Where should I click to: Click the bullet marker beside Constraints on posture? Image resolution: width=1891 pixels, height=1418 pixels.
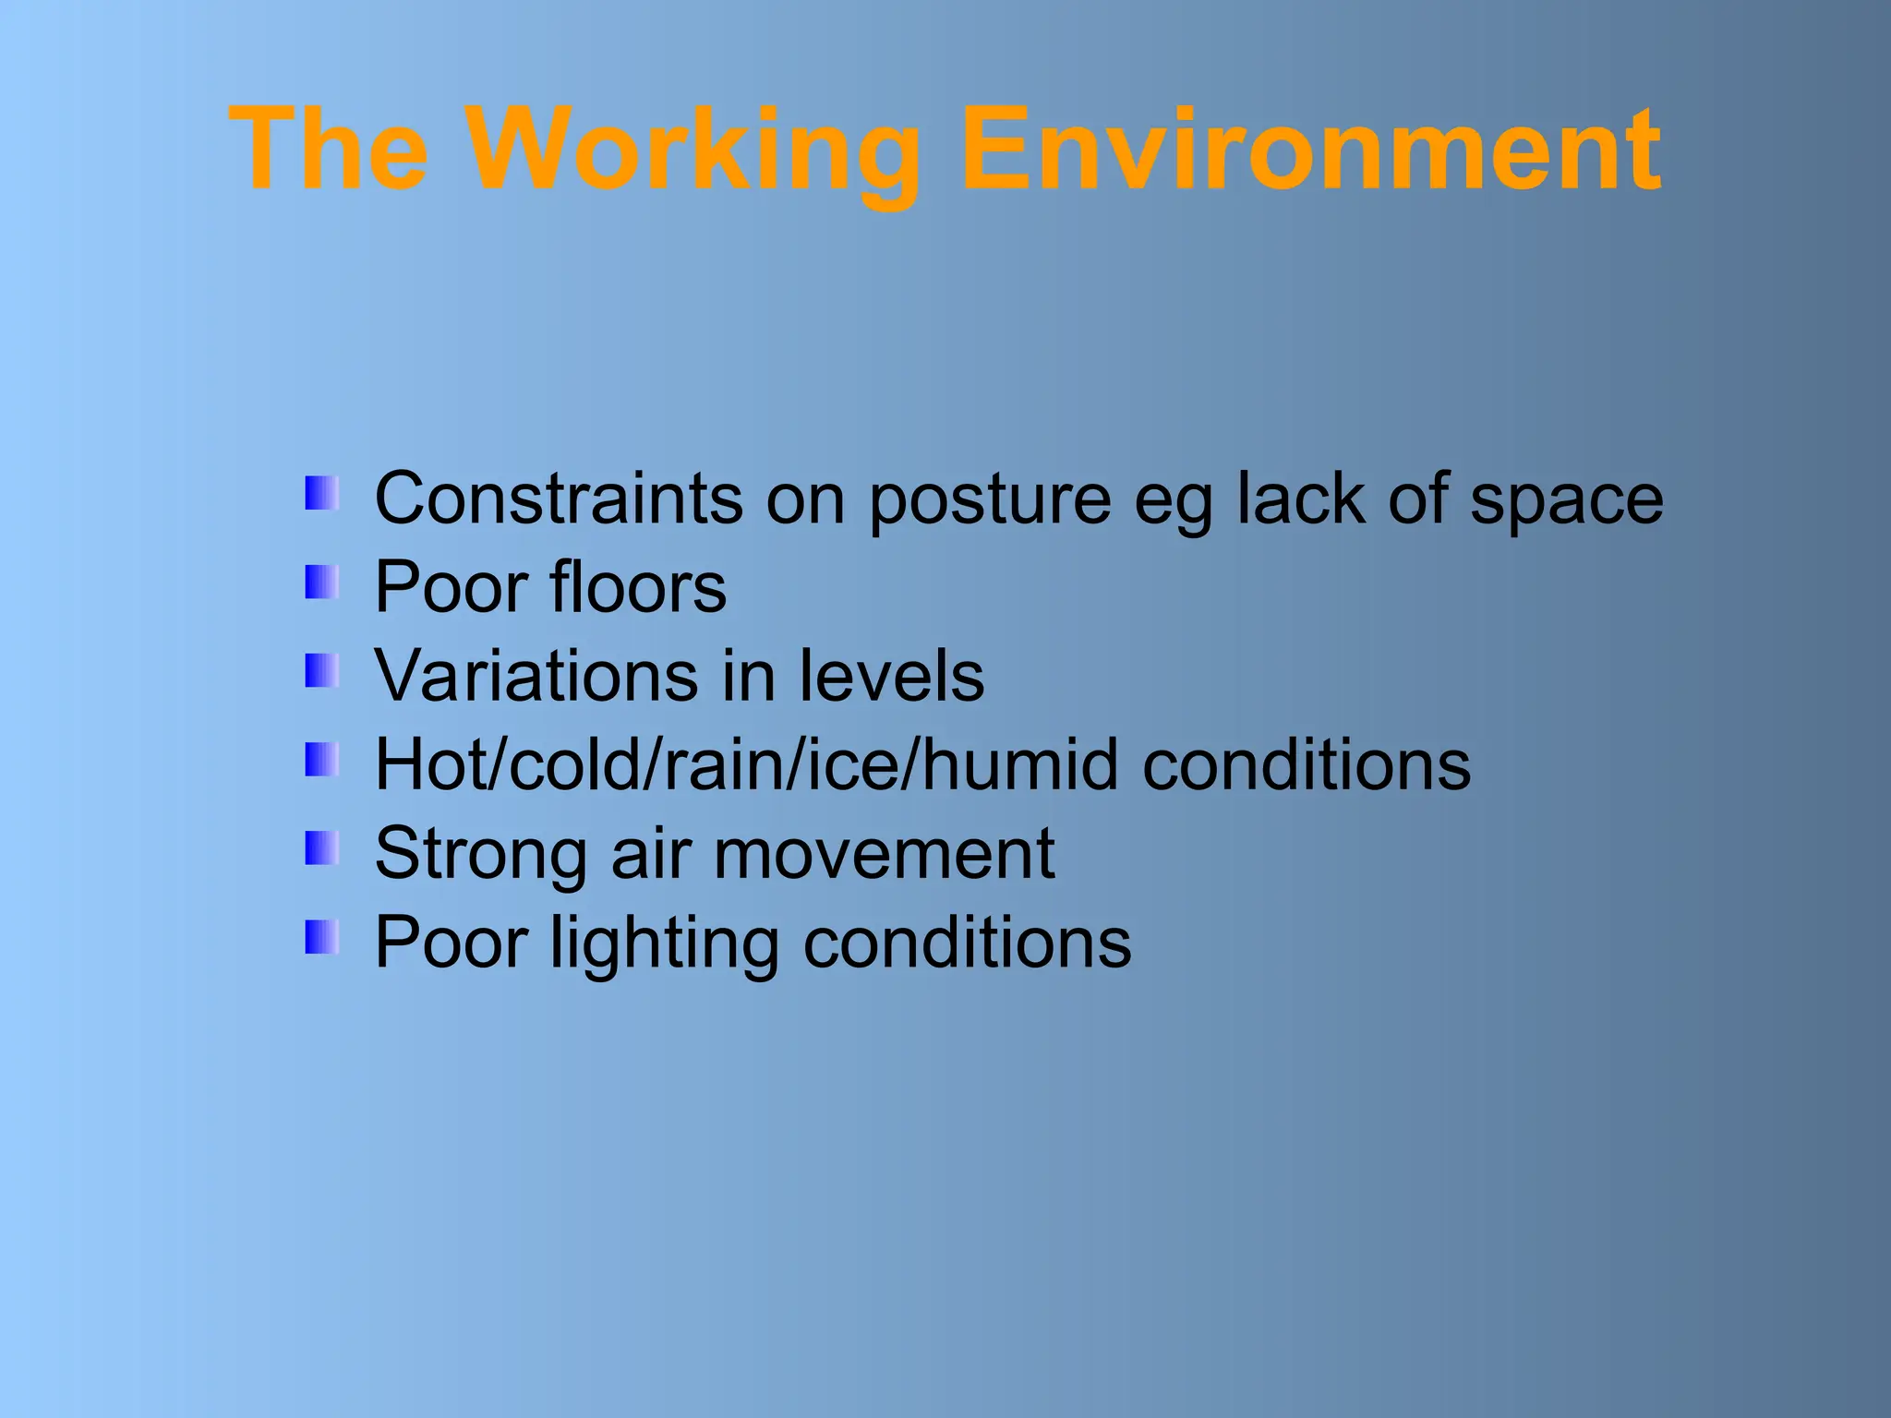(x=321, y=493)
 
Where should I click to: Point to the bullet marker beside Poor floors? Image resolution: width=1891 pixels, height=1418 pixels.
(x=321, y=582)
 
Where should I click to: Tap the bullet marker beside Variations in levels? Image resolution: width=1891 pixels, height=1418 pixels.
(x=321, y=671)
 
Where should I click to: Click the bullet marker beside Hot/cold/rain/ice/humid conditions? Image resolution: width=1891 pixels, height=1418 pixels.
(x=321, y=760)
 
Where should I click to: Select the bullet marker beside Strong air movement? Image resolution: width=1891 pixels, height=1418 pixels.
(x=321, y=848)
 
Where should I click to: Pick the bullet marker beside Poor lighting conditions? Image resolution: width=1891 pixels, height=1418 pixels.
(x=321, y=937)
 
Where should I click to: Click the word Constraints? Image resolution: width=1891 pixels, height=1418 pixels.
(x=558, y=499)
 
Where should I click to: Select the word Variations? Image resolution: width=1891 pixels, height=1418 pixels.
(x=536, y=676)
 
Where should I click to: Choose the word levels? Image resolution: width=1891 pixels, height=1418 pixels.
(x=891, y=676)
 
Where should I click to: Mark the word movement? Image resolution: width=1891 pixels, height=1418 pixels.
(x=884, y=854)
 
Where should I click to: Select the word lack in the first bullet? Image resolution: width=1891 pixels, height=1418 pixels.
(x=1300, y=499)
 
